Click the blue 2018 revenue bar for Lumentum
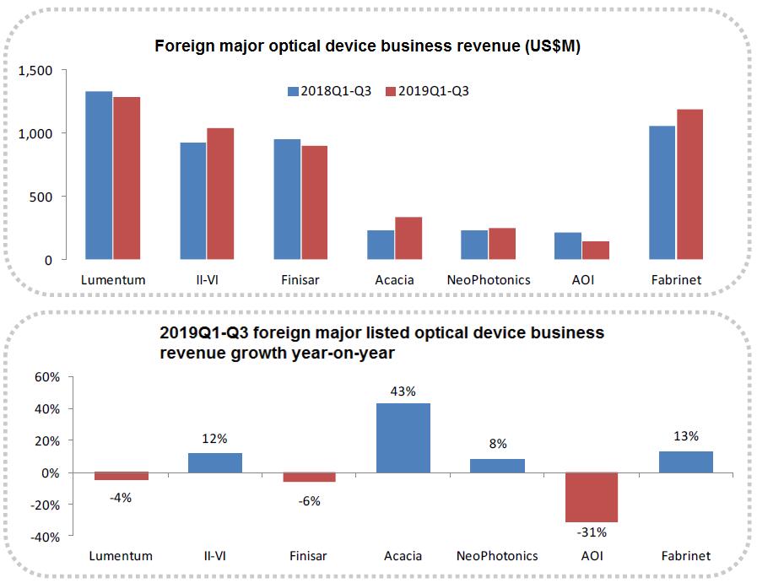point(99,175)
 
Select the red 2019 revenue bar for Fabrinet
point(689,184)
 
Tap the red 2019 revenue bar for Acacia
point(408,238)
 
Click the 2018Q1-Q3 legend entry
point(330,91)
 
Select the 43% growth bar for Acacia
point(403,438)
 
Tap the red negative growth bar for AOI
point(592,497)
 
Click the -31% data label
point(592,532)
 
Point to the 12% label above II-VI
point(214,439)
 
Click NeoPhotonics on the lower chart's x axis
point(498,556)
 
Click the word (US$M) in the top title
point(549,47)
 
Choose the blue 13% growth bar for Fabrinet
point(685,462)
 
